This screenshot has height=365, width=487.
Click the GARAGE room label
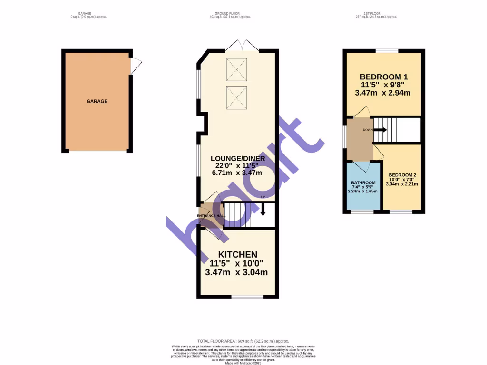97,101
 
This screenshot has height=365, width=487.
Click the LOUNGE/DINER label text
236,157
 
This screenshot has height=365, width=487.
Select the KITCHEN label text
238,255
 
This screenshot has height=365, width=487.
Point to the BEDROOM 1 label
383,77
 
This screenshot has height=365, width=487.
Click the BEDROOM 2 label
402,175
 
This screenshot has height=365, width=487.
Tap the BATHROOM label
363,182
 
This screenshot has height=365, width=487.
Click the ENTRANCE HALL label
212,215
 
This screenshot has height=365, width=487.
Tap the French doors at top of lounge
242,46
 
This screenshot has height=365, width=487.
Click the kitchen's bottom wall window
247,297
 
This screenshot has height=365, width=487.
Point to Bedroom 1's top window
387,51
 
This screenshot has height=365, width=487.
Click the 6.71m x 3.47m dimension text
236,173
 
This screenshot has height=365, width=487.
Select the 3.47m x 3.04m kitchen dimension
236,272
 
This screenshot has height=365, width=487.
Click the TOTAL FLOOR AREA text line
243,341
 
